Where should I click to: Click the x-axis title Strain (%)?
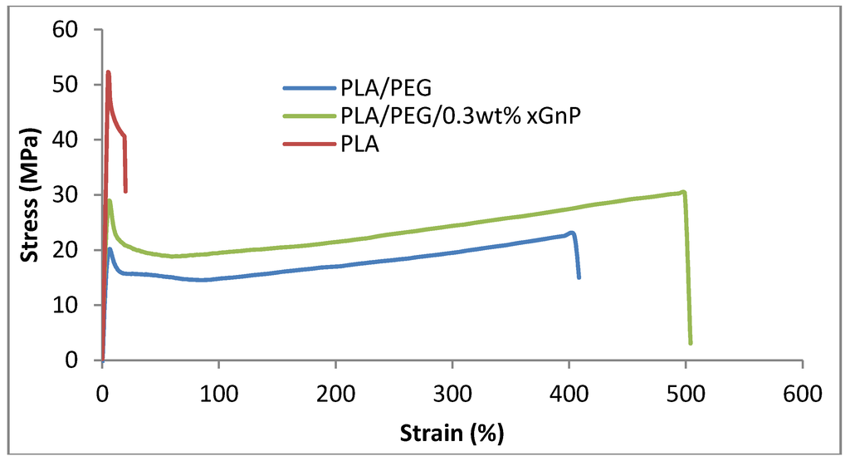click(x=452, y=433)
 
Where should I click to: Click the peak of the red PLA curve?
click(x=108, y=72)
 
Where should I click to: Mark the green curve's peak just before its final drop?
click(x=683, y=192)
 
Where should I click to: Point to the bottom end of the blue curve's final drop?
click(x=579, y=277)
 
